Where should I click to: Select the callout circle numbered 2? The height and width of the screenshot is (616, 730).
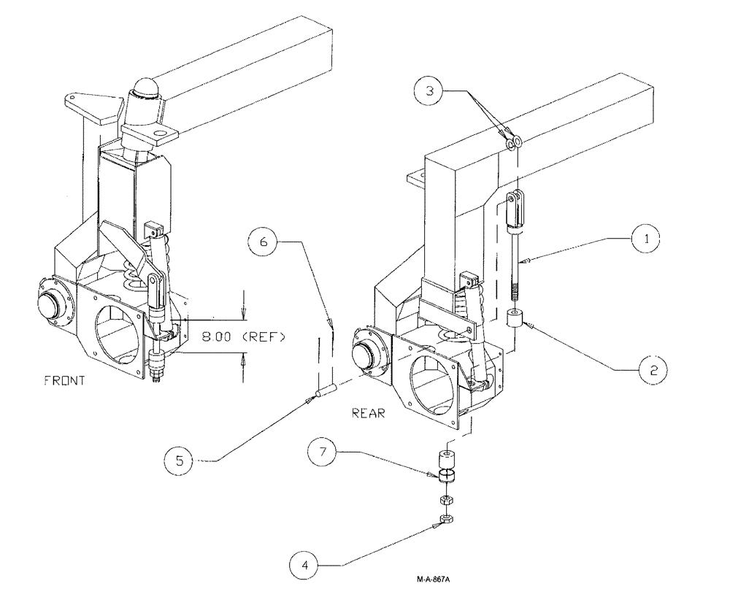pos(653,370)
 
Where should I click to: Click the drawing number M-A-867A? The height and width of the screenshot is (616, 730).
pos(434,580)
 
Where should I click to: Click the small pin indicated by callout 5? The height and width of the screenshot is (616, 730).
pos(323,392)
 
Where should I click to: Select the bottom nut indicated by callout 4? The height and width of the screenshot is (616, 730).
pos(445,519)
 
